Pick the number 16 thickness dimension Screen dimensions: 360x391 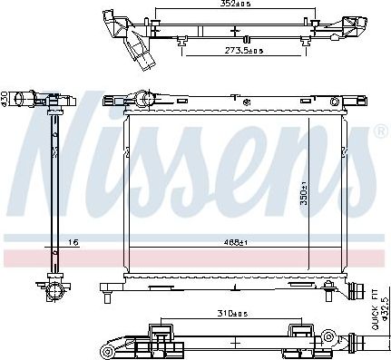click(74, 240)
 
